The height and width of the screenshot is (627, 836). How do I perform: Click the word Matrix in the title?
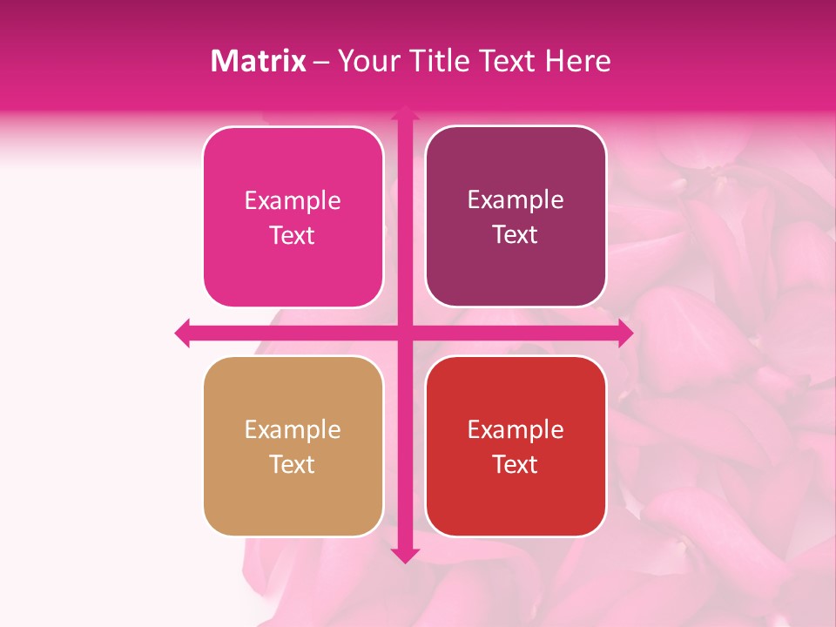coord(259,61)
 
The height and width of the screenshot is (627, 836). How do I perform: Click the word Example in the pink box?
coord(293,201)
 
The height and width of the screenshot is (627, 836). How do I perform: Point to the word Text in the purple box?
coord(516,235)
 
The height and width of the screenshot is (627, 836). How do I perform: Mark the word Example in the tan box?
coord(293,430)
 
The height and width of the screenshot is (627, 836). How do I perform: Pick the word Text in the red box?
coord(516,465)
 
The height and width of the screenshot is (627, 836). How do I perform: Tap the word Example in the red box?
coord(516,430)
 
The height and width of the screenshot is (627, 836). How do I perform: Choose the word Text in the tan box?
coord(293,465)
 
